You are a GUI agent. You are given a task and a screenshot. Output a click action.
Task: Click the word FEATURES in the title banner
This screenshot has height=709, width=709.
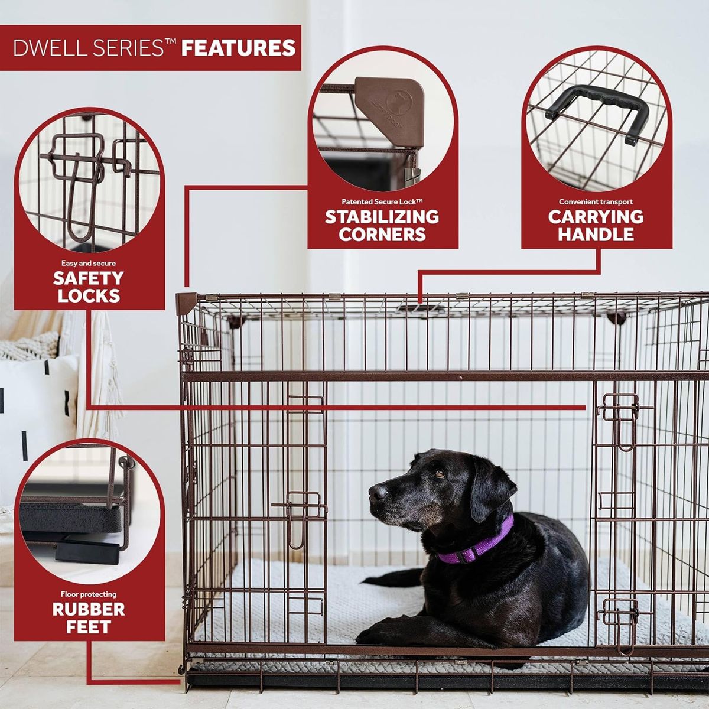[239, 48]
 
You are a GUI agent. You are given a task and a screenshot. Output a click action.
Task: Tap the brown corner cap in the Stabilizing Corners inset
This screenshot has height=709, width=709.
[390, 110]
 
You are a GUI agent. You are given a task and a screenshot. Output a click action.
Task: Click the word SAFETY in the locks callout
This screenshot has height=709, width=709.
[88, 278]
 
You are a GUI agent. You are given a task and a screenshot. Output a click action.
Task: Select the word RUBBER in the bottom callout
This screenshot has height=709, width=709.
[89, 609]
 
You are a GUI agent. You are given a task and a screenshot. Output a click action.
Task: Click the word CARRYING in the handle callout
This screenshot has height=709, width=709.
[596, 217]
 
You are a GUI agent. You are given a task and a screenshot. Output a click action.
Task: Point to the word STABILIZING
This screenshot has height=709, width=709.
[382, 217]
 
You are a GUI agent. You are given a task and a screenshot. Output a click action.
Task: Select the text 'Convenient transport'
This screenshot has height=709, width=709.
[596, 201]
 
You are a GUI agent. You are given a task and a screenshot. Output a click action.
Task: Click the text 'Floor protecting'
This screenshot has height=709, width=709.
[89, 594]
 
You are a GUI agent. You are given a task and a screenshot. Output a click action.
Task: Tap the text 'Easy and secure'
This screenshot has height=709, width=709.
[88, 263]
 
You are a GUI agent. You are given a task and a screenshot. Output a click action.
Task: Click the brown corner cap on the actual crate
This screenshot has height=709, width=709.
[186, 303]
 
